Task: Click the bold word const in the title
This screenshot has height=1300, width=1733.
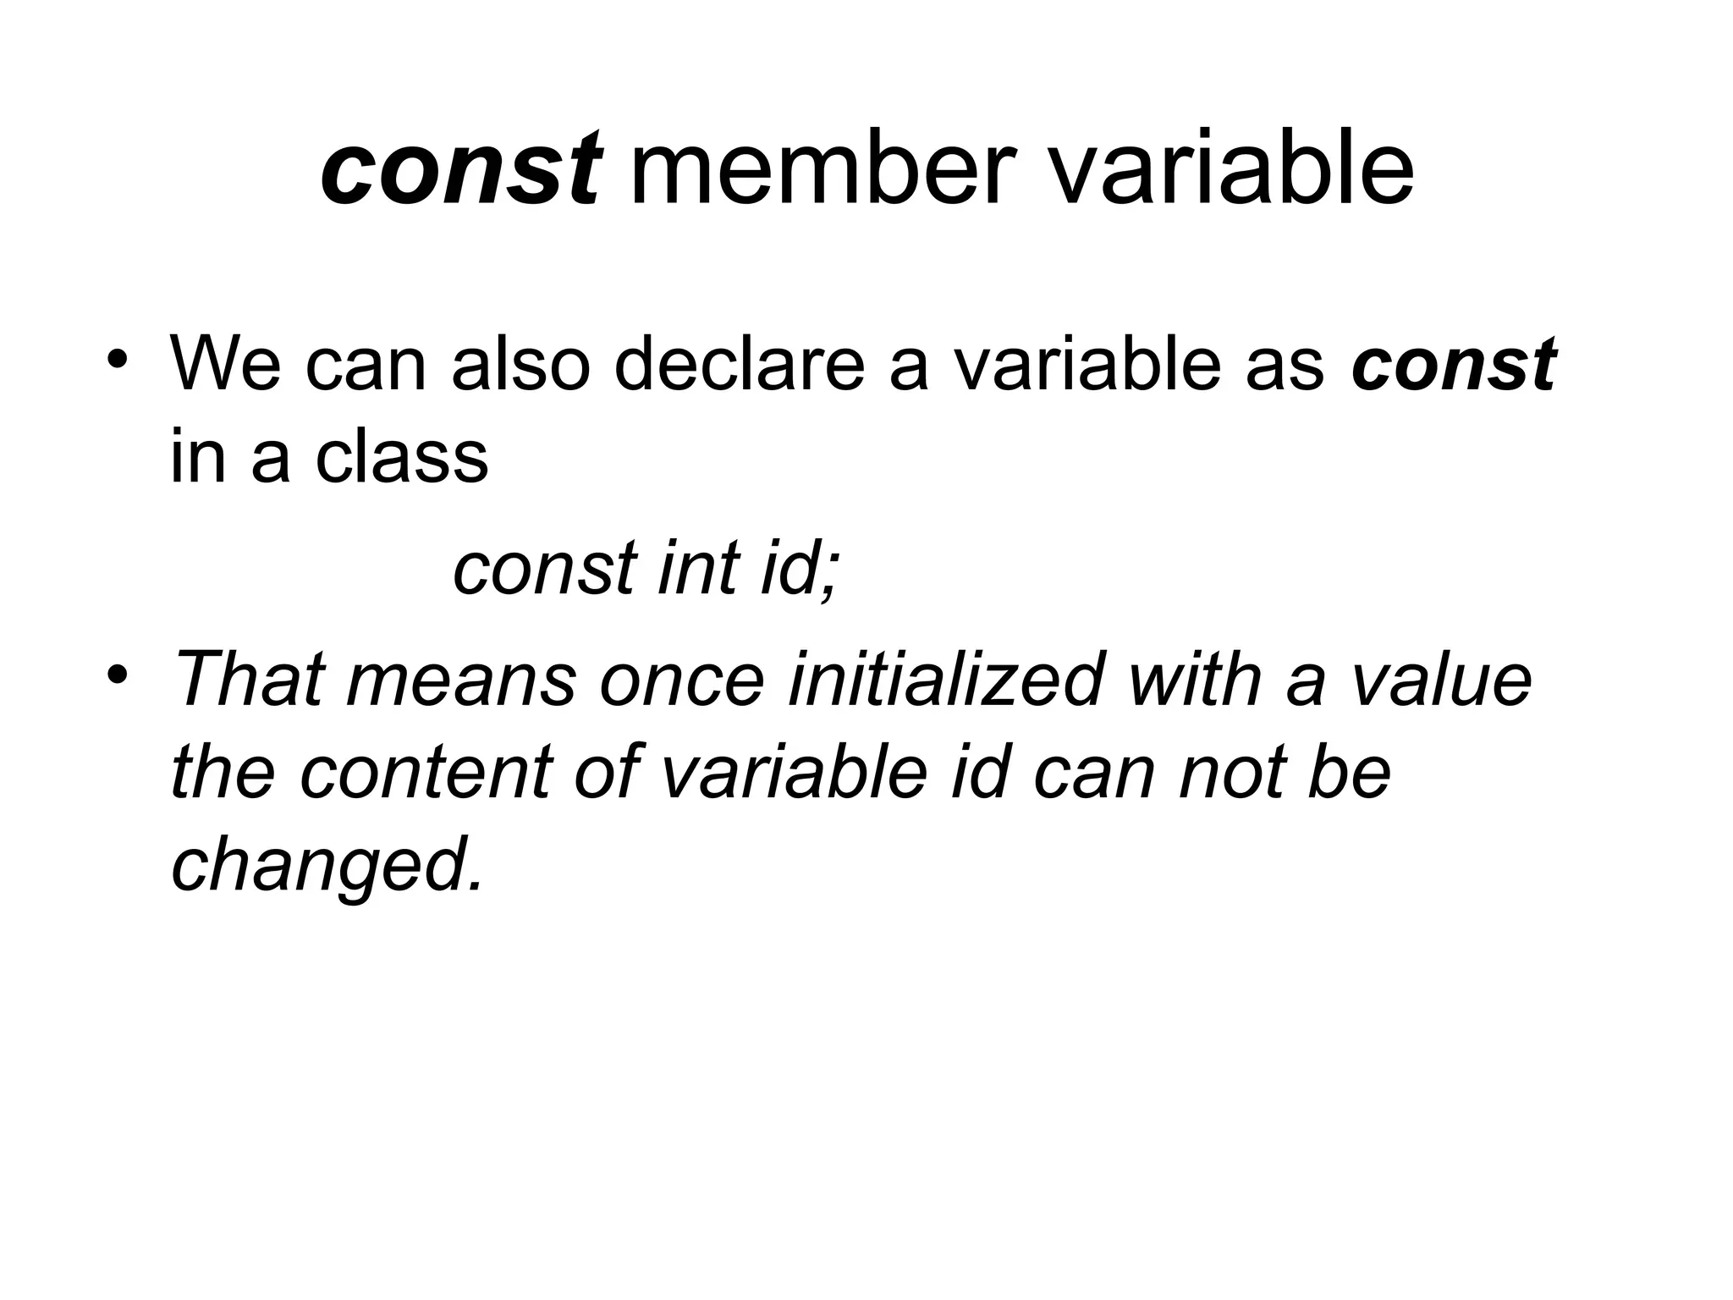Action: click(x=461, y=170)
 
